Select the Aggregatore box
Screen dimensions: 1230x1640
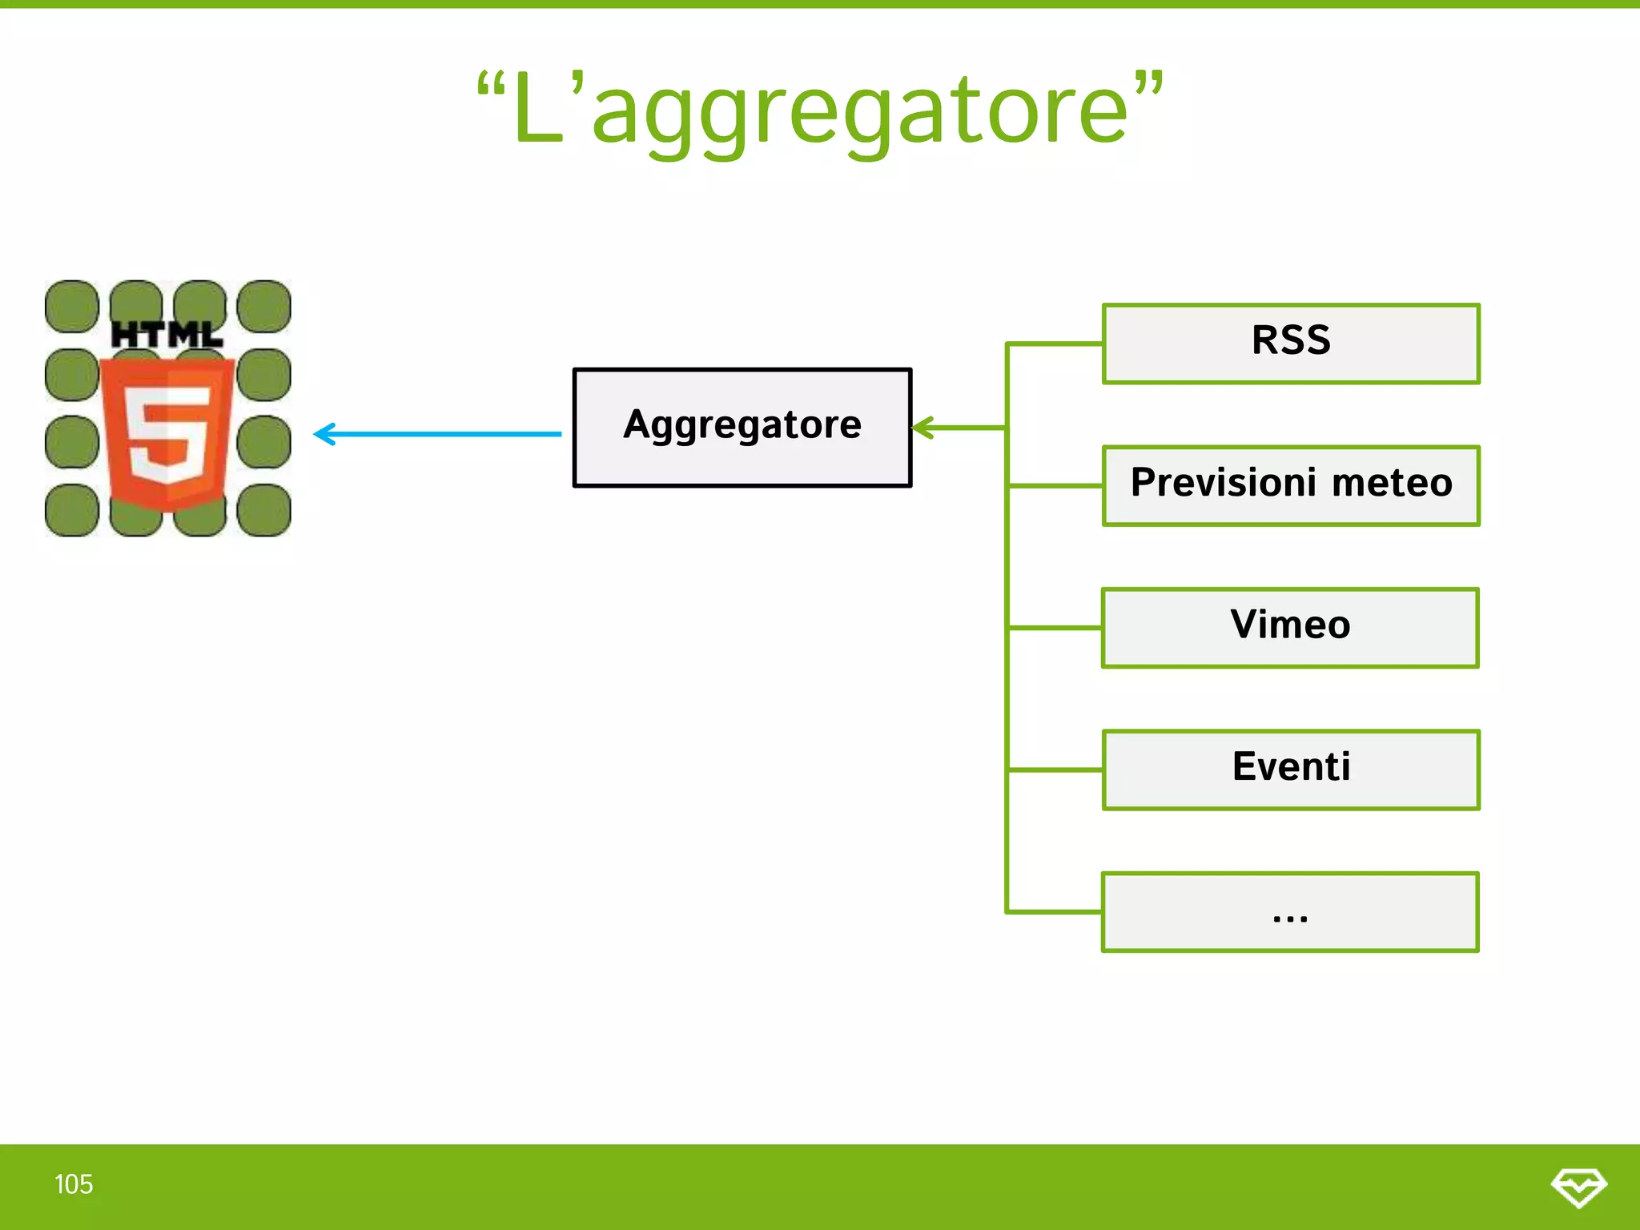pos(742,428)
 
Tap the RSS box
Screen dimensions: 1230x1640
pos(1291,344)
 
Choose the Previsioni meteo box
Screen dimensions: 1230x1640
pos(1291,485)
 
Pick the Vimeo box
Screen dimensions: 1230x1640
pos(1290,628)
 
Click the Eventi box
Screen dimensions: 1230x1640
pos(1291,770)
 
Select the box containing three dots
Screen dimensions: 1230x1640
pos(1290,912)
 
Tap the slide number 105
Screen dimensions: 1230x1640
pos(74,1184)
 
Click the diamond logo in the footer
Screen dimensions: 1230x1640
pos(1578,1187)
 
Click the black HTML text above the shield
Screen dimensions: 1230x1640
pos(167,335)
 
